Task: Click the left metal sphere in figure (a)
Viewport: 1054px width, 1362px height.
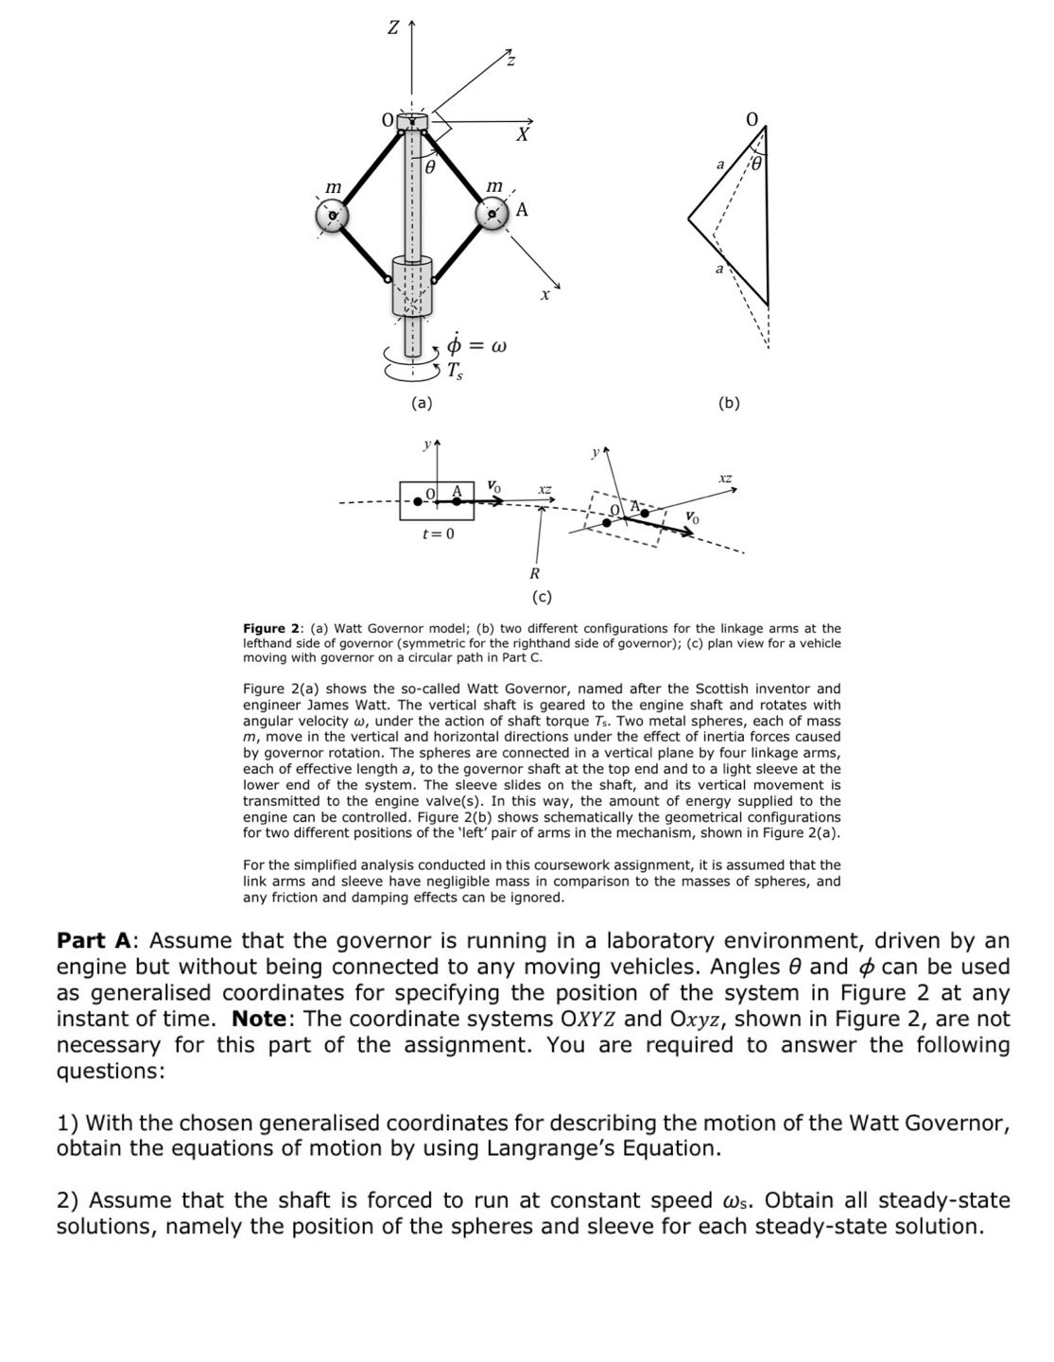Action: coord(332,216)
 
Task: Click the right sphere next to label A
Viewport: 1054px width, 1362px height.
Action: coord(492,216)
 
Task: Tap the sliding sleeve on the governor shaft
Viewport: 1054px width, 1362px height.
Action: coord(411,285)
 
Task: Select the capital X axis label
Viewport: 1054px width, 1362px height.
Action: coord(521,135)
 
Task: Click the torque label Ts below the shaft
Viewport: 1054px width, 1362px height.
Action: coord(456,372)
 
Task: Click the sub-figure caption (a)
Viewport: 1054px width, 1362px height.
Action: coord(421,403)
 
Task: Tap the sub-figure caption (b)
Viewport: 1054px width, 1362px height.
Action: coord(729,403)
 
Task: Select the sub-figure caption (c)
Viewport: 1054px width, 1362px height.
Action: coord(542,596)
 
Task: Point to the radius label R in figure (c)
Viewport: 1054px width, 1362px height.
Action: coord(534,573)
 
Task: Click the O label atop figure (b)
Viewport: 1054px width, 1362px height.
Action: coord(752,120)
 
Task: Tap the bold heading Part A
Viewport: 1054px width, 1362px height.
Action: coord(97,941)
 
